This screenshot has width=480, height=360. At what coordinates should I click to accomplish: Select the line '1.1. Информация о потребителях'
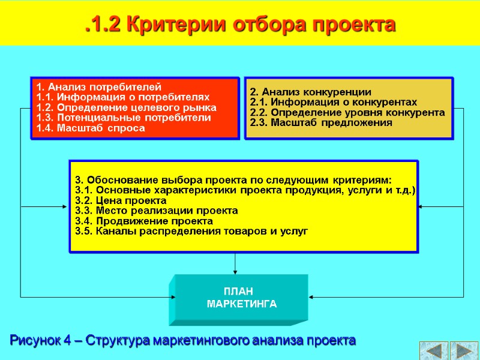coord(122,97)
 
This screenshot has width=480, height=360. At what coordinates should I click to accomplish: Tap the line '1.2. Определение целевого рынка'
coord(126,107)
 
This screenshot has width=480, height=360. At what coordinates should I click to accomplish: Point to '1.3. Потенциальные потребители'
coord(124,118)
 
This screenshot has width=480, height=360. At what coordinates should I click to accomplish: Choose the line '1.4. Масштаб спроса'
coord(91,128)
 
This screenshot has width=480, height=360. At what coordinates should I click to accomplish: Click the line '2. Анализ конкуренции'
coord(310,92)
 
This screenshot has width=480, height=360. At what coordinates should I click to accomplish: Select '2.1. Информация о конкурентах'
coord(333,103)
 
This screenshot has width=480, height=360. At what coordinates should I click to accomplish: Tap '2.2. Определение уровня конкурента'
coord(347,113)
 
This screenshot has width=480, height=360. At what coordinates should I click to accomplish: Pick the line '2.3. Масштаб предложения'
coord(321,123)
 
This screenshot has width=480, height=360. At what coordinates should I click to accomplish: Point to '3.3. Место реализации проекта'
coord(156,211)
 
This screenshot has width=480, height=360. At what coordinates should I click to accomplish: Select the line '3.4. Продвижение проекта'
coord(144,221)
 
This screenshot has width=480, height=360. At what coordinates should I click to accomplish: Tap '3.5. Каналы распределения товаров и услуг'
coord(191,231)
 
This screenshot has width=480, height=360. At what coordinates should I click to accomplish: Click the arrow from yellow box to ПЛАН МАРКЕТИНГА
coord(235,263)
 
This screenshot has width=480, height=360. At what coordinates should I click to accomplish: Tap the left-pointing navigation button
coord(433,350)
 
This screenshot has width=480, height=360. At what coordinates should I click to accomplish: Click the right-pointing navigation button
coord(464,350)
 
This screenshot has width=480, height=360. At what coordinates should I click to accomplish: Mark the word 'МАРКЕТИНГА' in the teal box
coord(242,304)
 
